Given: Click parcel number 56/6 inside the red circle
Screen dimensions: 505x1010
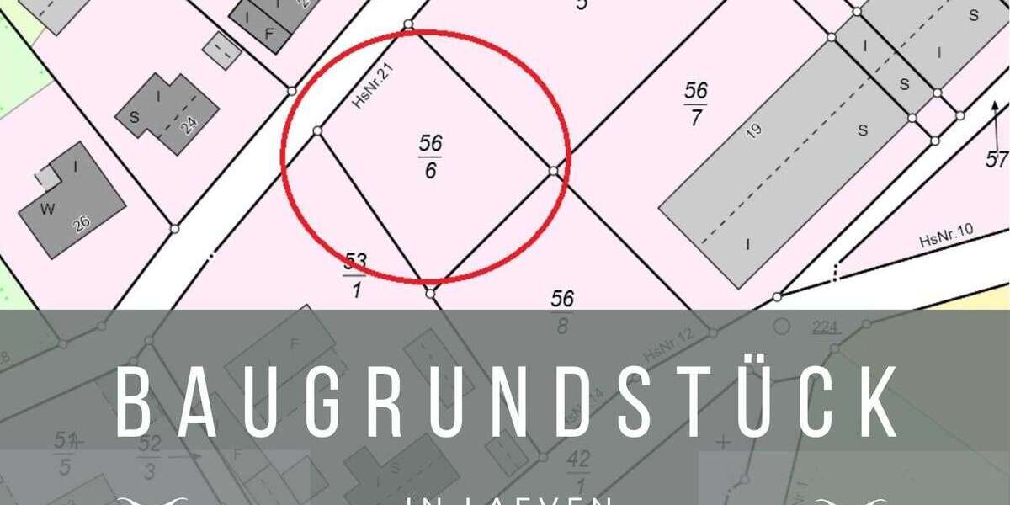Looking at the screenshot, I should (x=430, y=156).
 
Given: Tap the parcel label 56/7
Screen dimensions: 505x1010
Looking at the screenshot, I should (x=696, y=104).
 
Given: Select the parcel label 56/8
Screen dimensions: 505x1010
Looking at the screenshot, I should (x=562, y=311).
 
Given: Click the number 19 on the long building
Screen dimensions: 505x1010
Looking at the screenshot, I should (x=753, y=129).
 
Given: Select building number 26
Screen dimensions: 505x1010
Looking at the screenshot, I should (x=82, y=223).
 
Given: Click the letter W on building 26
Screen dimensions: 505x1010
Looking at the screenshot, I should (x=47, y=210).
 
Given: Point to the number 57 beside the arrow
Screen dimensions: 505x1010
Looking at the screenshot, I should (x=997, y=159).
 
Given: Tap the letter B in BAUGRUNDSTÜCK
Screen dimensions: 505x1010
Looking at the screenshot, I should (x=134, y=402).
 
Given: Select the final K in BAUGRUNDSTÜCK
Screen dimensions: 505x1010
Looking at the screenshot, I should (x=876, y=402).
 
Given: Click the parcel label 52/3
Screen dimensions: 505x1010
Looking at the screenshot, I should (x=149, y=456).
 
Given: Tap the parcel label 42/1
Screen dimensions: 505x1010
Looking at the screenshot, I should (x=579, y=468).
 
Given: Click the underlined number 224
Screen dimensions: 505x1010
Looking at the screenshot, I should (x=826, y=327).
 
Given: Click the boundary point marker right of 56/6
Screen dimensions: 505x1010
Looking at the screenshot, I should (x=553, y=171).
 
